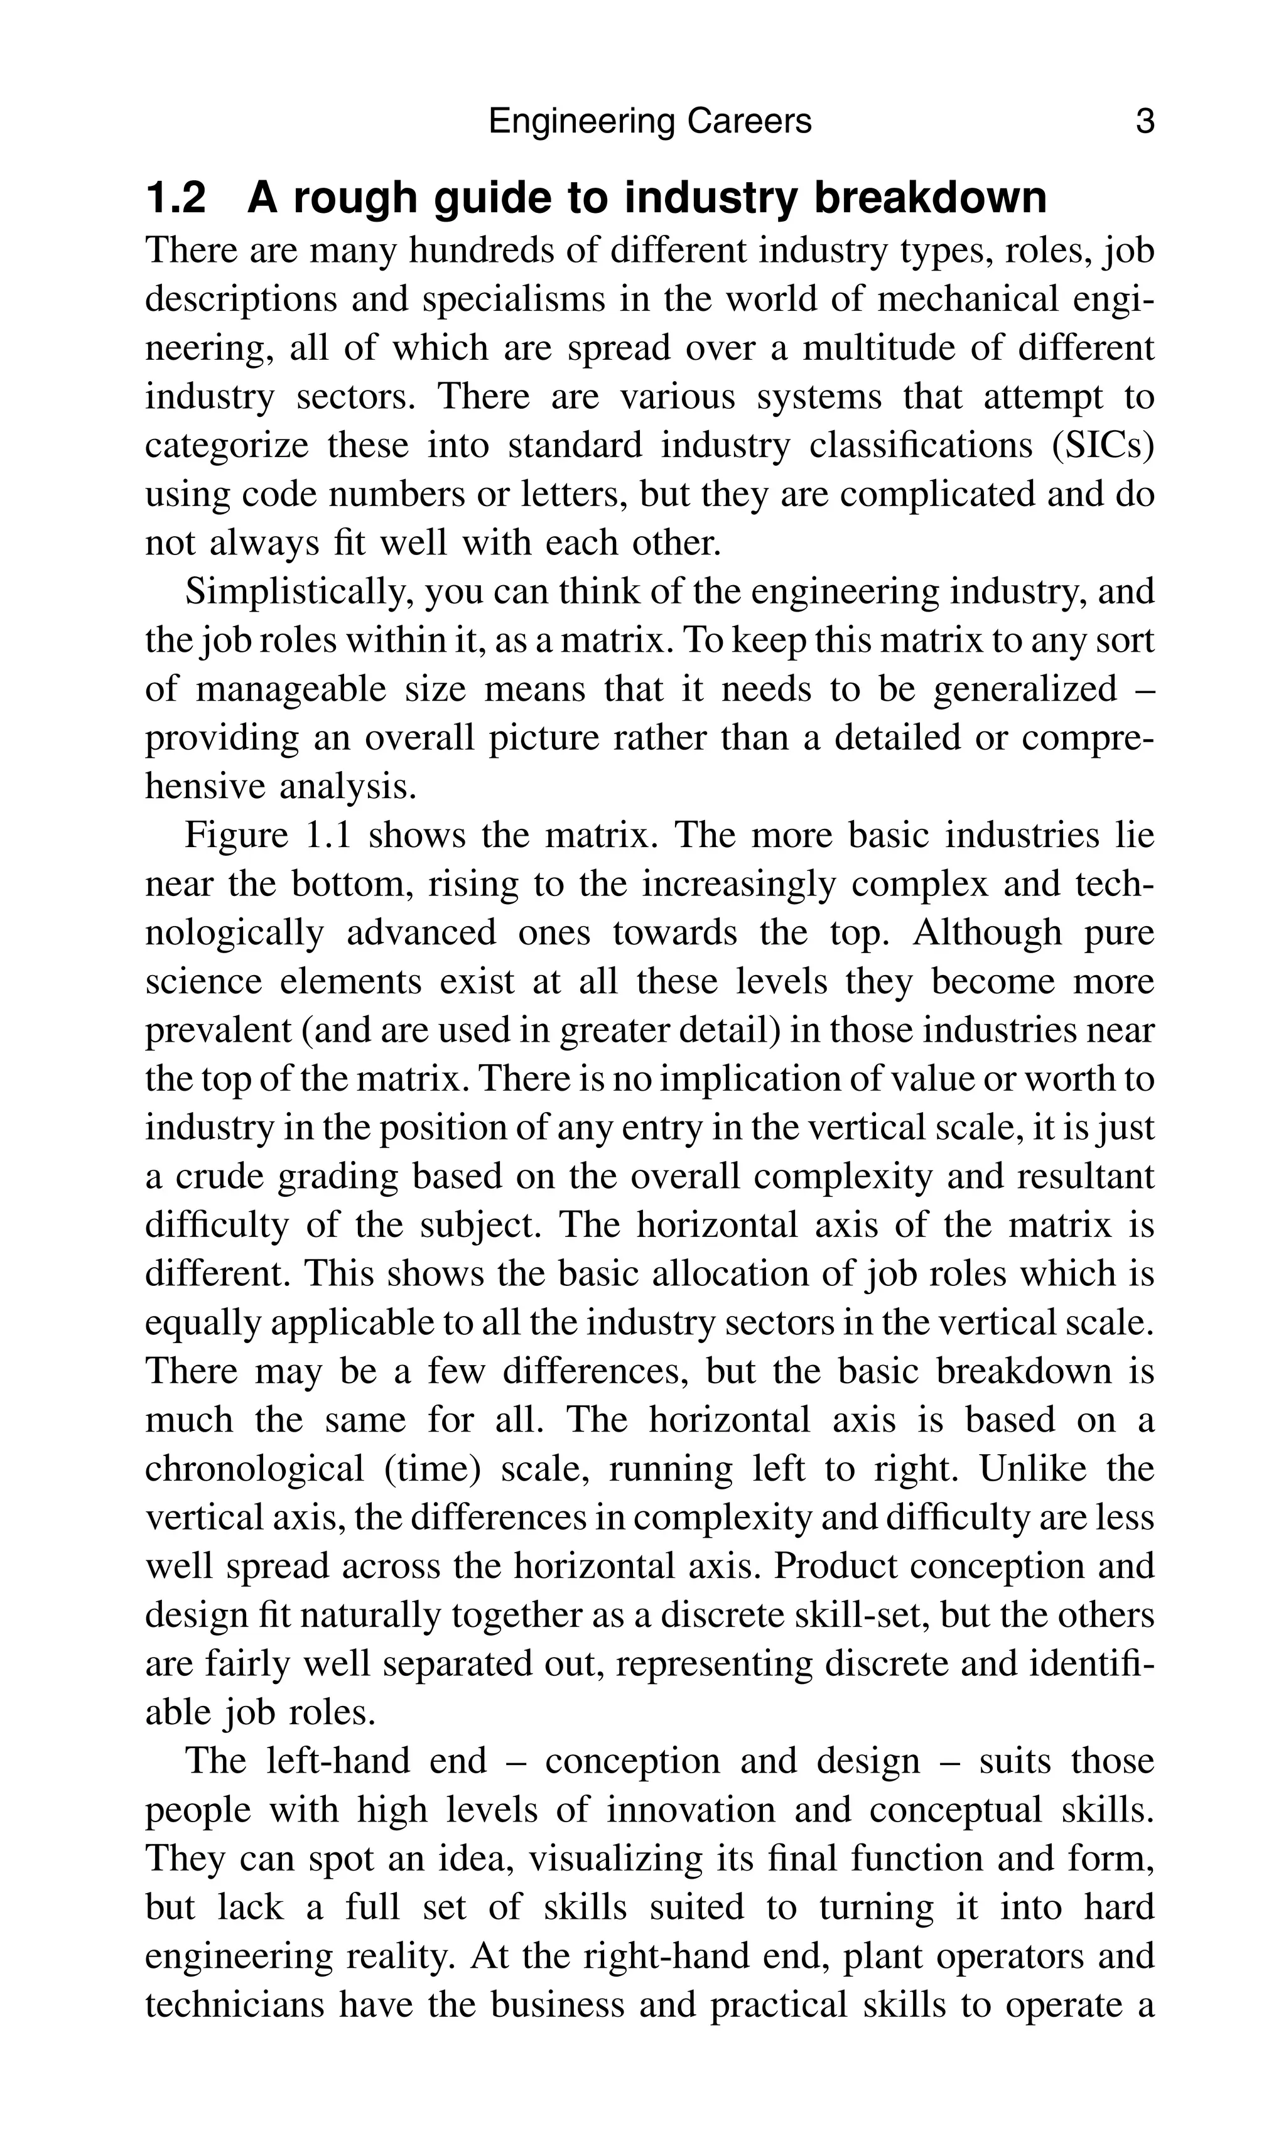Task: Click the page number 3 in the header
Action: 1145,121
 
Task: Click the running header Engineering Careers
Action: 650,121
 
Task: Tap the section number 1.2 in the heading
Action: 177,198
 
